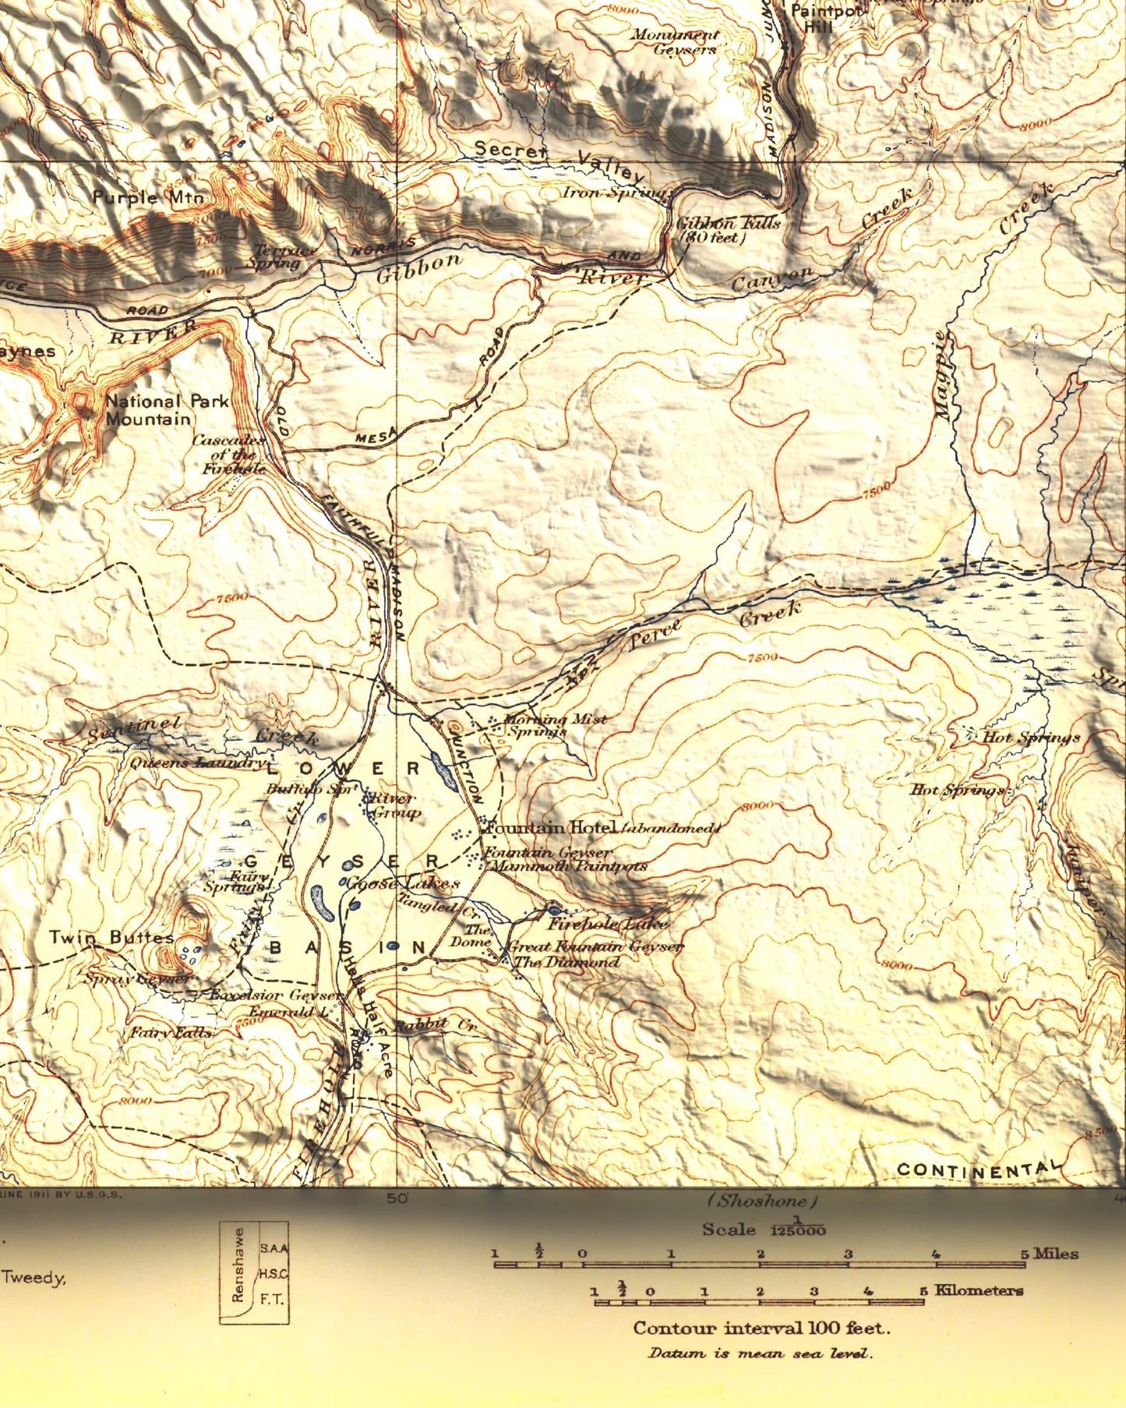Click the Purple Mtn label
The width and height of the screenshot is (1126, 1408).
pos(148,197)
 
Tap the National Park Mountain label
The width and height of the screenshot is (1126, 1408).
pos(167,410)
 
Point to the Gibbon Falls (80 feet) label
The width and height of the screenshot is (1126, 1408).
pos(726,230)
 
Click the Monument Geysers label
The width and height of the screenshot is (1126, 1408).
pos(675,42)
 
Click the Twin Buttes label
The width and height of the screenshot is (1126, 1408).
pos(111,938)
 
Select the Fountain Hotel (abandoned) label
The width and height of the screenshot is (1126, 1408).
pos(600,827)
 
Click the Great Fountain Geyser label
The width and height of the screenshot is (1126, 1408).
pos(595,946)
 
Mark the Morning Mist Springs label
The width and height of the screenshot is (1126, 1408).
pos(555,725)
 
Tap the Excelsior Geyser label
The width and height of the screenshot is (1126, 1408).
pos(275,996)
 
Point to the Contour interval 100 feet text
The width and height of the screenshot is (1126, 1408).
pos(761,1328)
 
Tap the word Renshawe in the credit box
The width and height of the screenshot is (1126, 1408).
pos(238,1275)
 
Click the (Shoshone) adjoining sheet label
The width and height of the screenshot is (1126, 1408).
pos(761,1201)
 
